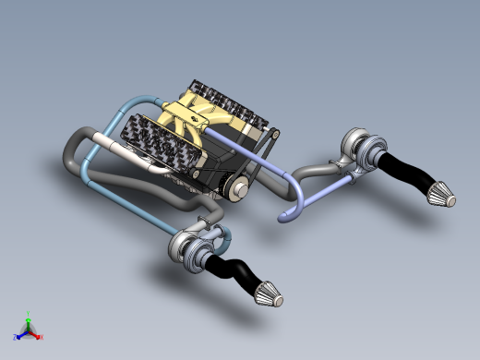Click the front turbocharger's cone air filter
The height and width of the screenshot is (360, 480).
coord(268,294)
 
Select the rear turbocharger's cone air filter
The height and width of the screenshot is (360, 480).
coord(441,196)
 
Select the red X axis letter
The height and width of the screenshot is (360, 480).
coord(42,337)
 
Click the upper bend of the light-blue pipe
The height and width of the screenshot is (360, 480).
coord(129,100)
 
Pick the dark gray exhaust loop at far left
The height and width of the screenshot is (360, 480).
coord(72,148)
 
